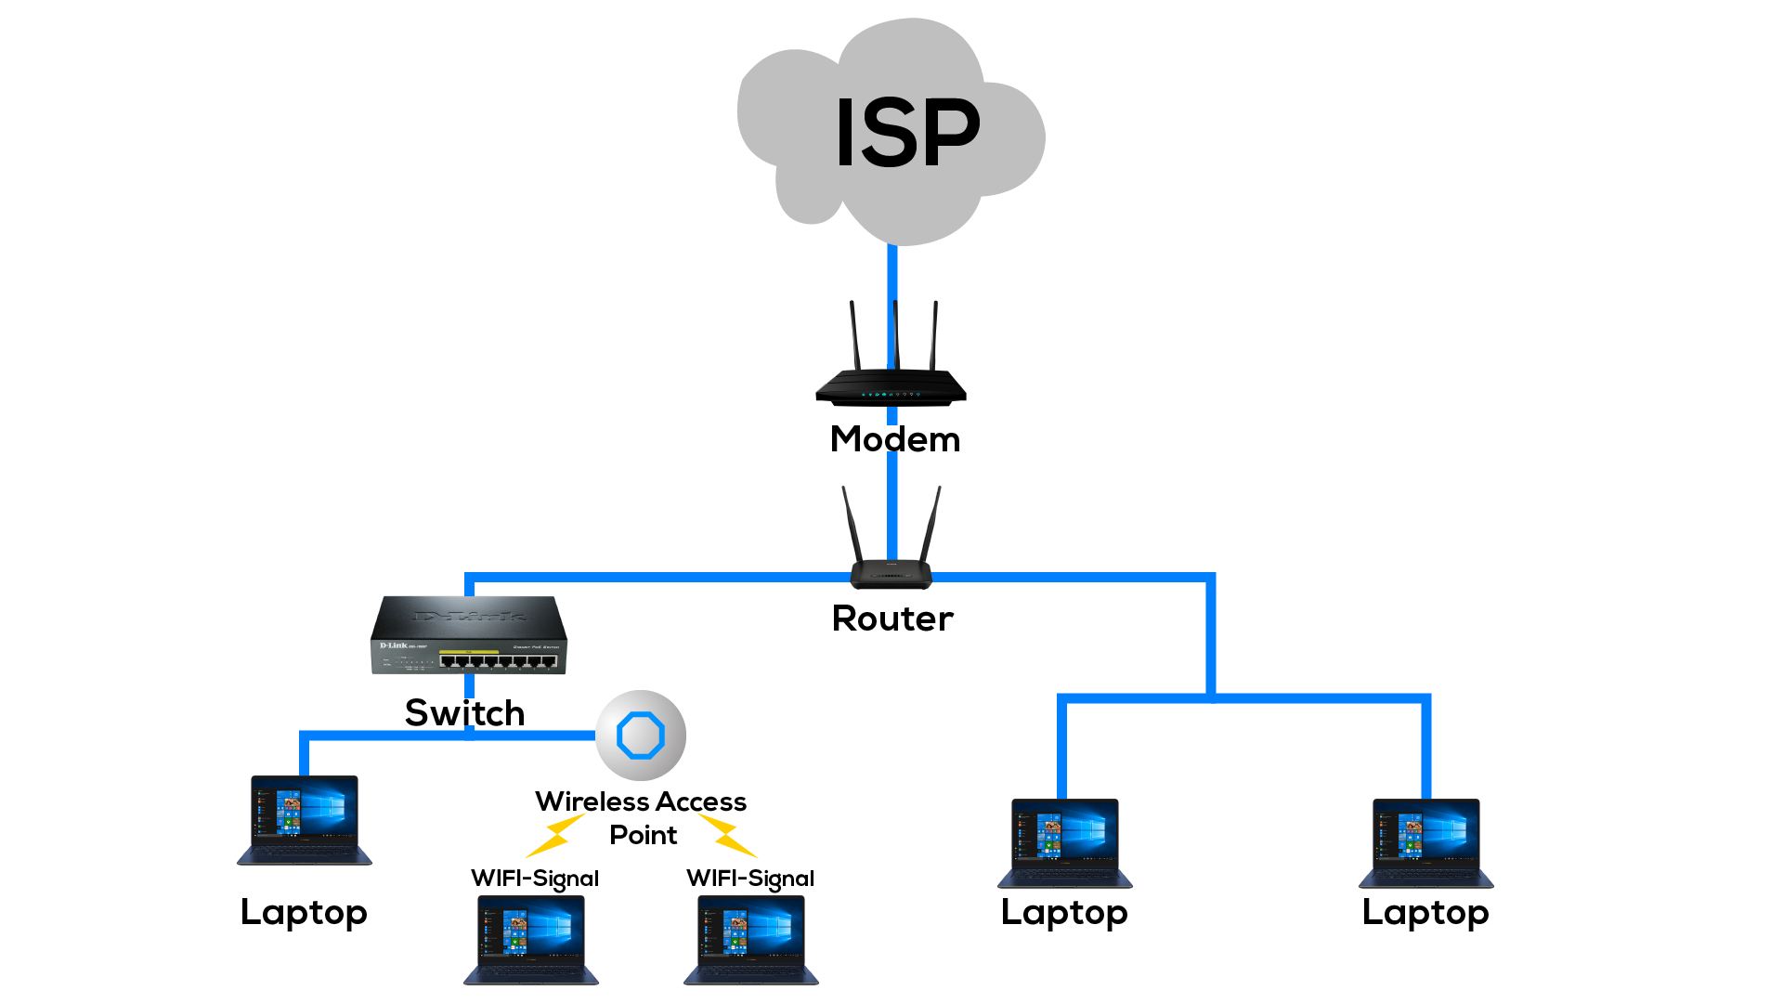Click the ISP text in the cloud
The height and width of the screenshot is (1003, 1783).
(x=907, y=134)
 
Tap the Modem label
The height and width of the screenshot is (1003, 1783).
(x=895, y=439)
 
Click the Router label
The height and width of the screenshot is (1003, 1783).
(x=892, y=619)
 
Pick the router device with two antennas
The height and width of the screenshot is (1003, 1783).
(x=891, y=568)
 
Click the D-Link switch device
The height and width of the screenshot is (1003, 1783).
(x=469, y=636)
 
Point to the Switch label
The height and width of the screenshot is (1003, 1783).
(x=464, y=713)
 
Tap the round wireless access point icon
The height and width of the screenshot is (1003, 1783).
(x=641, y=736)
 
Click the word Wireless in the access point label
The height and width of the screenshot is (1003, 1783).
(x=592, y=801)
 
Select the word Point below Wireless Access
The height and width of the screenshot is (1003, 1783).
(x=643, y=835)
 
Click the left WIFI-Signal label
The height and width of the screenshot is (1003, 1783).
(x=535, y=879)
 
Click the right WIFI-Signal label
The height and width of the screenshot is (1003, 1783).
(x=750, y=879)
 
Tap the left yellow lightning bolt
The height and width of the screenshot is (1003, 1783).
(x=554, y=835)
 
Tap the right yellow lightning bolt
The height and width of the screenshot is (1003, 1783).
(x=727, y=835)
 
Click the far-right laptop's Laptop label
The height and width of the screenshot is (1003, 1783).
(x=1425, y=913)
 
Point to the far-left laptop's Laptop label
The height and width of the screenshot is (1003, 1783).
(x=304, y=913)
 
